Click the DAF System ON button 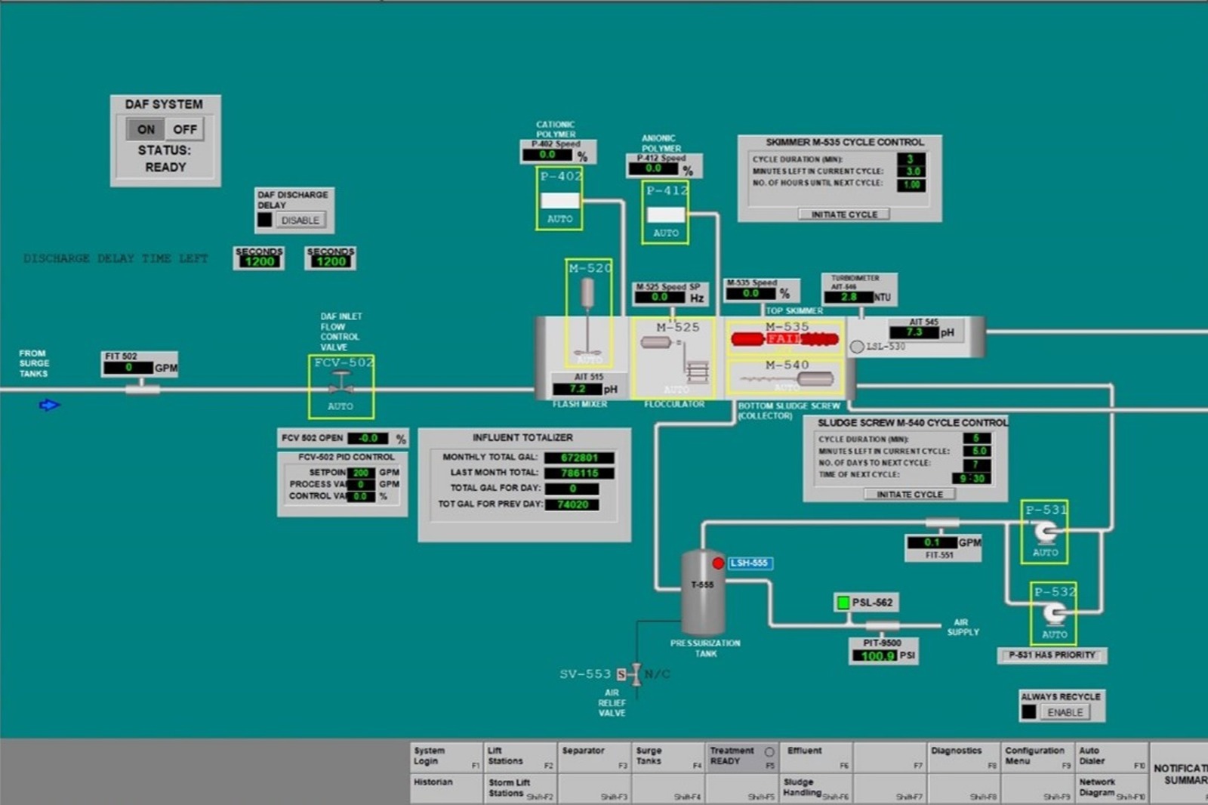point(146,129)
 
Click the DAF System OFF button point(184,129)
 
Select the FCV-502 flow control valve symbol point(341,383)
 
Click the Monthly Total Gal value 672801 point(579,458)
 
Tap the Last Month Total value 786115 point(579,473)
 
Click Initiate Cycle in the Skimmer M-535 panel point(844,214)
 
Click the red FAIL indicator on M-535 point(784,339)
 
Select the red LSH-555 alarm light point(718,563)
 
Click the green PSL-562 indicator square point(843,602)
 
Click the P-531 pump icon point(1045,532)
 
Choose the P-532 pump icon point(1054,614)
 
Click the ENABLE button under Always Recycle point(1065,712)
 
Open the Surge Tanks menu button point(667,756)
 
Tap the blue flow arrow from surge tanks point(49,406)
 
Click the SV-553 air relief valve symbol point(636,674)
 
